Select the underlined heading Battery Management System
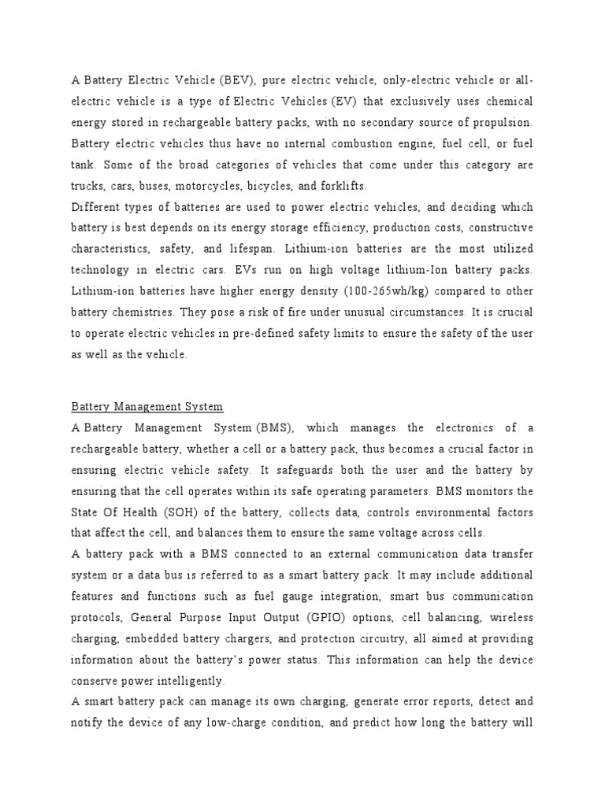tap(147, 407)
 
